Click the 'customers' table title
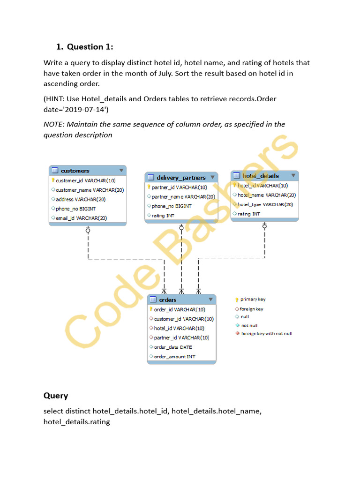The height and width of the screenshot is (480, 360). click(x=75, y=171)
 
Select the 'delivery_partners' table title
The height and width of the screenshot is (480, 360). click(x=181, y=178)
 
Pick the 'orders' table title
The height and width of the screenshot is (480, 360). click(x=168, y=300)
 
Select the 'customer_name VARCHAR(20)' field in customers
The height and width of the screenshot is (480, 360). click(x=90, y=190)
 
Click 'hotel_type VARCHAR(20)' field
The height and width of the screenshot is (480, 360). click(x=265, y=204)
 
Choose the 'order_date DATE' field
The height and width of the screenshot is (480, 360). click(x=173, y=347)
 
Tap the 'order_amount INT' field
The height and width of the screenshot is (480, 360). click(x=174, y=357)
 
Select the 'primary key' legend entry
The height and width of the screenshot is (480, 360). click(x=253, y=300)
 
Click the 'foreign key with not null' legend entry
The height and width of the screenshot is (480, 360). click(x=266, y=334)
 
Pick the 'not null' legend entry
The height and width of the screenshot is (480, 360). click(x=249, y=325)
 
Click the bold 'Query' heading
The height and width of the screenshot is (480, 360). click(x=56, y=396)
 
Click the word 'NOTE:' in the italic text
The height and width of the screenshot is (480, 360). click(x=54, y=124)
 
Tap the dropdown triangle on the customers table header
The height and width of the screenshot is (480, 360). click(x=121, y=170)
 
